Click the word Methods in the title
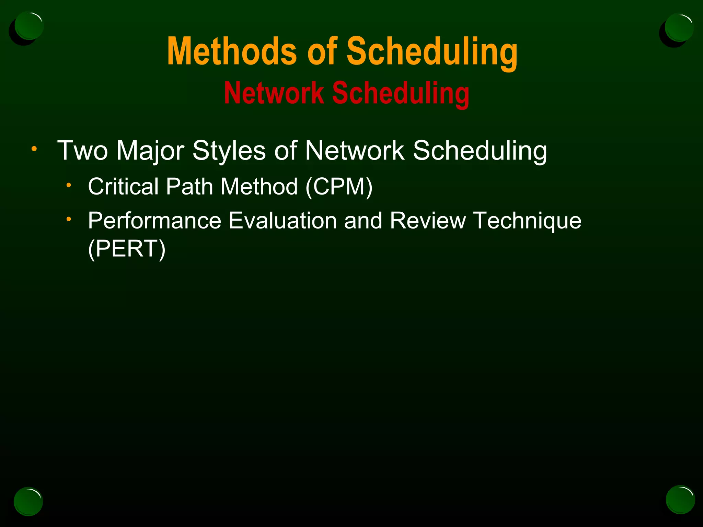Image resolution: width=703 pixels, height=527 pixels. tap(232, 51)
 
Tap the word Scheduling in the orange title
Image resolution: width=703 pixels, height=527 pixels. tap(432, 52)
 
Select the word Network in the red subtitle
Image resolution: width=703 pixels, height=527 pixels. tap(274, 93)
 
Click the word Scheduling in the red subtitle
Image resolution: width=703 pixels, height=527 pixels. tap(401, 94)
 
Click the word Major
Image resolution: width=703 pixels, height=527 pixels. tap(150, 151)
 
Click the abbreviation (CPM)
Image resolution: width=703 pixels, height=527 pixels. tap(339, 187)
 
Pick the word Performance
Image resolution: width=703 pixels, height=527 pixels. tap(154, 221)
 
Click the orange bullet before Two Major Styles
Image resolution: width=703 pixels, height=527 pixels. tap(34, 149)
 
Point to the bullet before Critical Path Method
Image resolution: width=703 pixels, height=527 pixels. tap(69, 185)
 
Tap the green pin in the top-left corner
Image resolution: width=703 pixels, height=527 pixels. tap(29, 26)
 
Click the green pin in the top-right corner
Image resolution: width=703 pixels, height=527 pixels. tap(679, 27)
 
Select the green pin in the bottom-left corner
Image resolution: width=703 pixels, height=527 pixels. tap(28, 501)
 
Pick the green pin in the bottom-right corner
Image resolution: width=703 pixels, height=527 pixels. tap(680, 500)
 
